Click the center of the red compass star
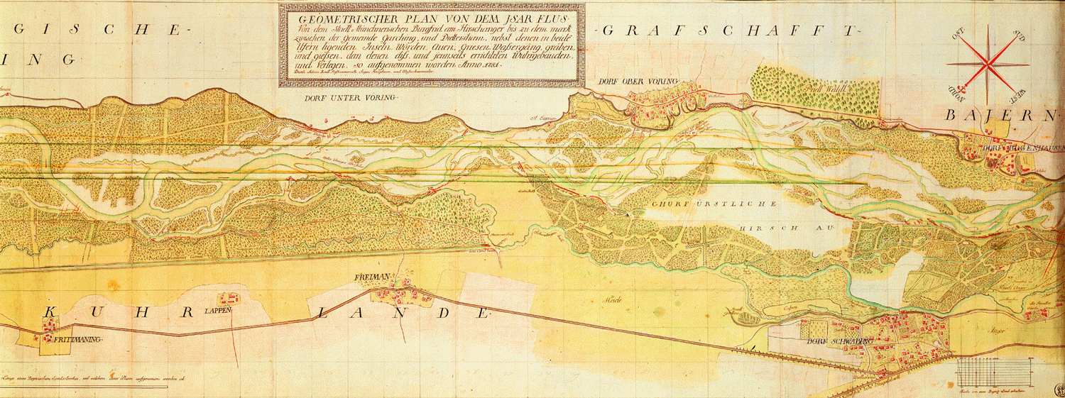click(x=988, y=62)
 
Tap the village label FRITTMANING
click(x=78, y=341)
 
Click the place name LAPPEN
click(x=221, y=311)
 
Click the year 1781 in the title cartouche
click(x=485, y=65)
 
